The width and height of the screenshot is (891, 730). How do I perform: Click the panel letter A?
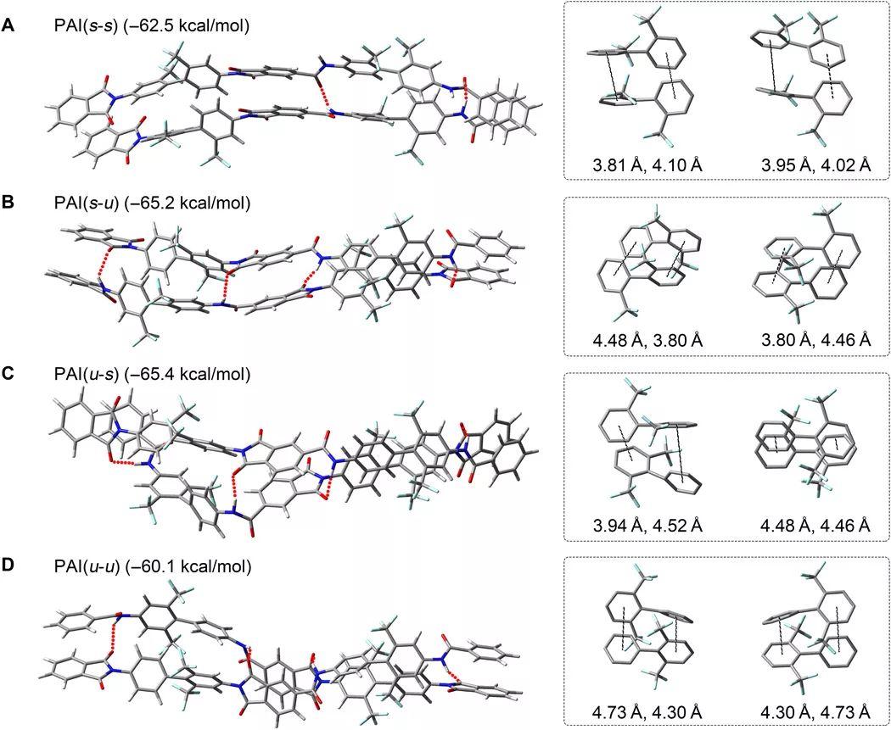tap(8, 26)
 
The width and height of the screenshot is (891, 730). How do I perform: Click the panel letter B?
tap(8, 203)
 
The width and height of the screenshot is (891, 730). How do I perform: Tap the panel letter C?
tap(8, 374)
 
